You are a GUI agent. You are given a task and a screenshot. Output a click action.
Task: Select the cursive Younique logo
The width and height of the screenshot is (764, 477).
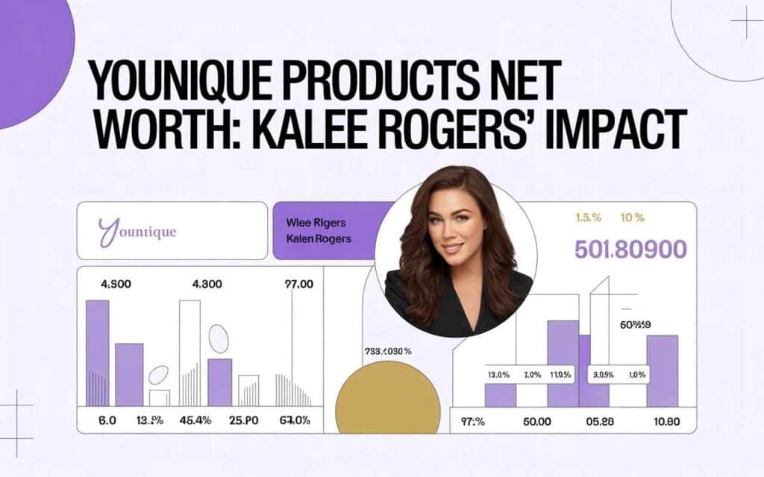(137, 231)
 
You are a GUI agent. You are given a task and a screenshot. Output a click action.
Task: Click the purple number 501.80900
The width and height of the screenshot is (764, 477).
(630, 250)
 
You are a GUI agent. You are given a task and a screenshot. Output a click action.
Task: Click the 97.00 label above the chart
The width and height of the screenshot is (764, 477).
(300, 284)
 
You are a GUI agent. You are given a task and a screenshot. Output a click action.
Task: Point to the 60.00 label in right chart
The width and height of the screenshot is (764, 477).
(536, 421)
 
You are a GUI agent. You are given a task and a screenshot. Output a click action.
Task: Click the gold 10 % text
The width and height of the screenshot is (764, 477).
(632, 218)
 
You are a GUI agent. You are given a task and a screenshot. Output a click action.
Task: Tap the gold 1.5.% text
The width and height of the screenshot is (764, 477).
(587, 218)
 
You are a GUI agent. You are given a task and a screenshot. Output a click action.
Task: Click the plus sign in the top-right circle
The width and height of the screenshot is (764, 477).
(745, 22)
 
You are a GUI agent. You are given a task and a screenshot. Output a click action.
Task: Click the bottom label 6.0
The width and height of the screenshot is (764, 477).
(107, 420)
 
